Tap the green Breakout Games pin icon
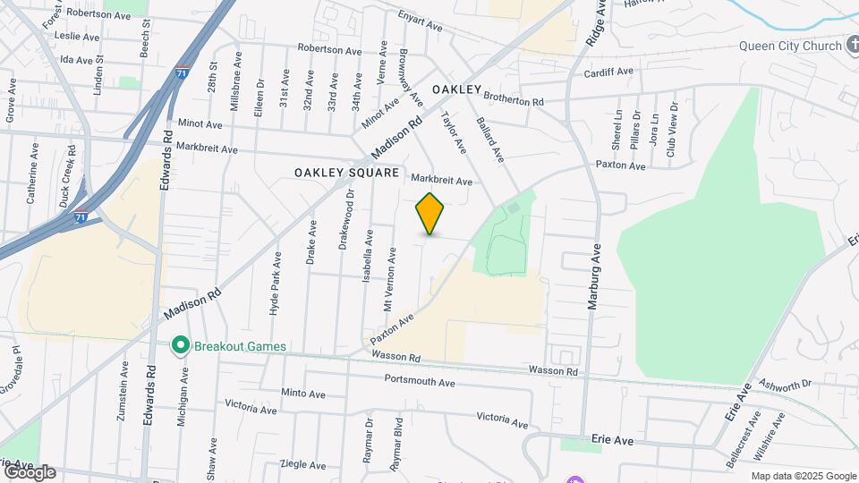pos(180,345)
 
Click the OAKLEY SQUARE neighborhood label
pos(346,172)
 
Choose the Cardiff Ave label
pos(608,72)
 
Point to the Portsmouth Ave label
pos(420,382)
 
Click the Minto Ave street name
pos(303,394)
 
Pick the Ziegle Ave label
pos(303,464)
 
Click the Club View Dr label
pos(671,129)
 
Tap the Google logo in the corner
pos(30,472)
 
